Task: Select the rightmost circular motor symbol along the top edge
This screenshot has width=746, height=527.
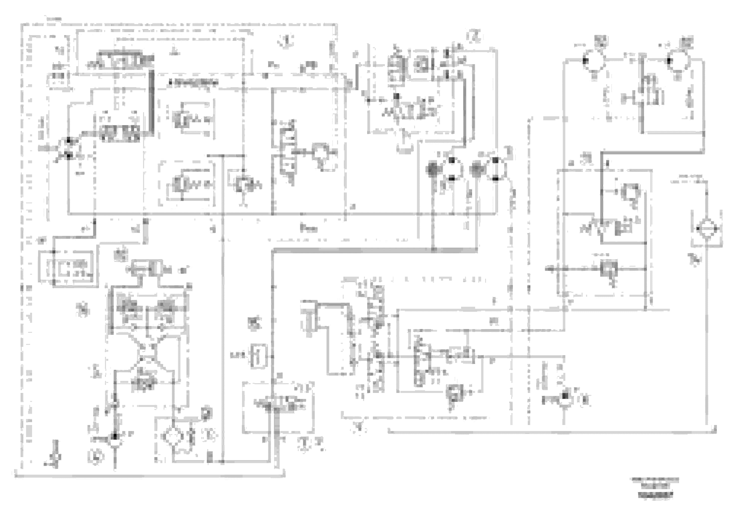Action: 678,61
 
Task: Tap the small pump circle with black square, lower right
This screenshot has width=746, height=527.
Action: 565,400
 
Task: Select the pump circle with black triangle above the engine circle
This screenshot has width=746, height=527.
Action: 114,440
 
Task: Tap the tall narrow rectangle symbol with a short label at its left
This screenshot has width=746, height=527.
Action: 259,356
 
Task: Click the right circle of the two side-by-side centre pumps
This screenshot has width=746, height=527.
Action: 495,169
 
